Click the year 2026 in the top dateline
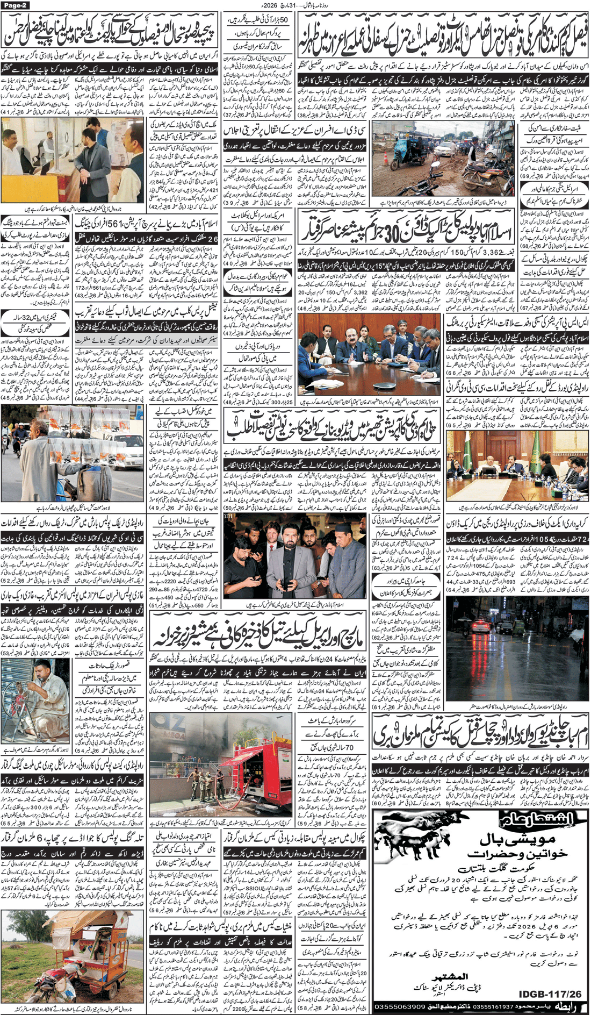coord(268,5)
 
